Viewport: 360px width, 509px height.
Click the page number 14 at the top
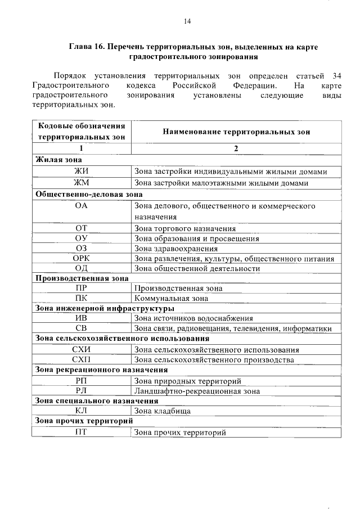pos(187,21)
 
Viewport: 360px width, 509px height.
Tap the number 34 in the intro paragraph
pos(336,75)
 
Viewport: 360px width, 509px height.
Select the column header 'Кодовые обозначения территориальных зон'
pos(81,132)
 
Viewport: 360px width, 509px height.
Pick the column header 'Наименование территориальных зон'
pos(236,132)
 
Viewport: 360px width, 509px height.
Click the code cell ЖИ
pos(81,172)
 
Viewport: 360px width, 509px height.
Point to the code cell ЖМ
pos(81,183)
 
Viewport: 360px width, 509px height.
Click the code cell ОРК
pos(81,259)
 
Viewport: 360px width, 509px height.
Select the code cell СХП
pos(81,359)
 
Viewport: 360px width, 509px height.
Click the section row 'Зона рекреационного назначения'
pos(101,370)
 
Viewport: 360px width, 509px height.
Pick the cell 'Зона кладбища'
pos(162,411)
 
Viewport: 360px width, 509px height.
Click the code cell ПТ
pos(81,433)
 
